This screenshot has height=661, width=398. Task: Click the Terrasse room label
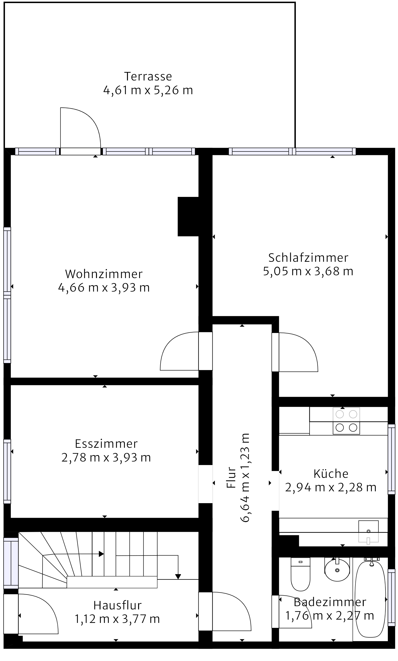[148, 76]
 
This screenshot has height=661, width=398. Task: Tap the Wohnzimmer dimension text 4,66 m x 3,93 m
[104, 288]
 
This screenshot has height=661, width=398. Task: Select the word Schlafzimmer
[308, 258]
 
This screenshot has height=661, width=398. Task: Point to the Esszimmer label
[106, 444]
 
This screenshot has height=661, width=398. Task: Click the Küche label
[331, 474]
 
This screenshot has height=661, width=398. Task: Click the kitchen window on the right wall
[392, 459]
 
